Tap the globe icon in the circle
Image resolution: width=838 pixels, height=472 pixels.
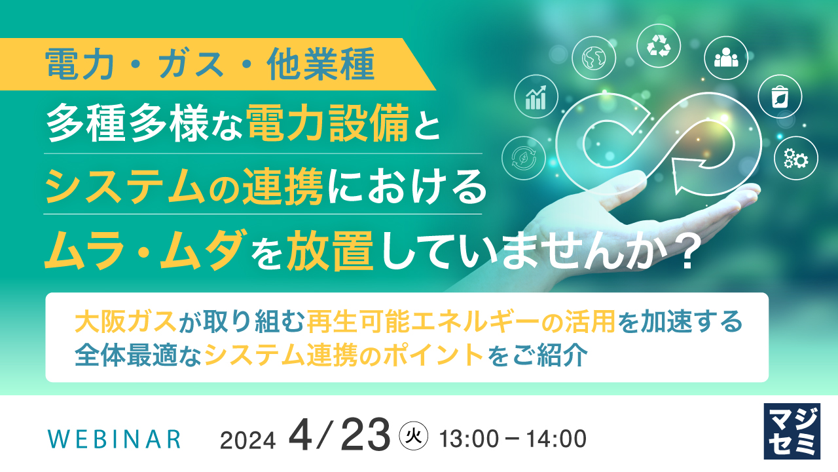pyautogui.click(x=593, y=58)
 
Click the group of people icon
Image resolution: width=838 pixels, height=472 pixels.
pyautogui.click(x=726, y=58)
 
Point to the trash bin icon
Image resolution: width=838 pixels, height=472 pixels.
pyautogui.click(x=780, y=97)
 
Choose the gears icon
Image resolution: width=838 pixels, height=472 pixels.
pyautogui.click(x=796, y=158)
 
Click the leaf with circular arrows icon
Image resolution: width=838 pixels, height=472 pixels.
pyautogui.click(x=524, y=158)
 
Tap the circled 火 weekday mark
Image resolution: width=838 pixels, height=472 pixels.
pyautogui.click(x=414, y=435)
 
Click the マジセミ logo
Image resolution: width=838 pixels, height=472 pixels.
pyautogui.click(x=792, y=431)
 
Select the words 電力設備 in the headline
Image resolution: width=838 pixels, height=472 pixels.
pyautogui.click(x=327, y=126)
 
